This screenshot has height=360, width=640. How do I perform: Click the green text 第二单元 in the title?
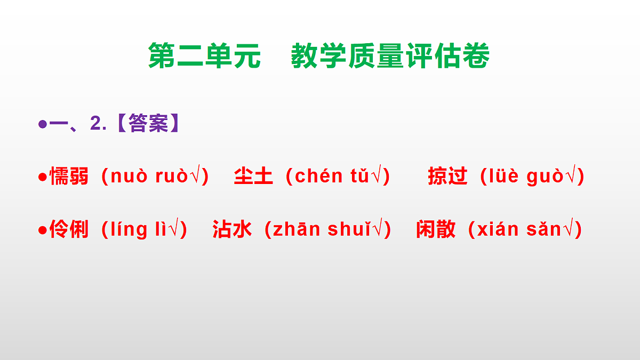click(204, 56)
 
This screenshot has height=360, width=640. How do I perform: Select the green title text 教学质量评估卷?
click(390, 56)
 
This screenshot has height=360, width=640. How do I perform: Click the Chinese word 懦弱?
click(69, 176)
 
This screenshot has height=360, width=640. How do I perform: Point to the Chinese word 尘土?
click(253, 176)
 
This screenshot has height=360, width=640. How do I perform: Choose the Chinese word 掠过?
click(447, 176)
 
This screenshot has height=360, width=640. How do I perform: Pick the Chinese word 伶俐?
click(69, 229)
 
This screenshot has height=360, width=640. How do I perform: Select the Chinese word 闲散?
click(436, 229)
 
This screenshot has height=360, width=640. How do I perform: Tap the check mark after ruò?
click(195, 176)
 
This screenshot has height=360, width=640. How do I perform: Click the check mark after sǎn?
click(569, 229)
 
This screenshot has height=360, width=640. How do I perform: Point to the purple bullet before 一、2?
click(42, 124)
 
